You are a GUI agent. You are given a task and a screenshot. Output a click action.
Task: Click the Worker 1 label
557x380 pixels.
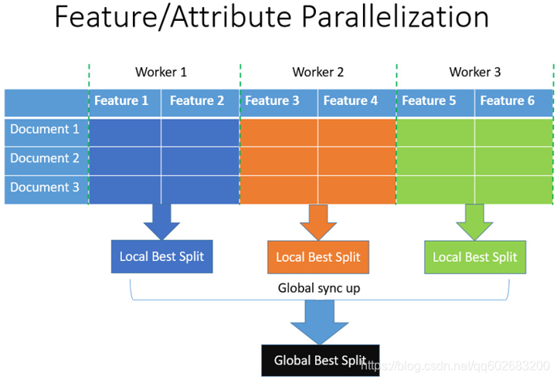pyautogui.click(x=161, y=73)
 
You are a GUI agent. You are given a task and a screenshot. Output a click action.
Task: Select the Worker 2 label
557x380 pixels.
pyautogui.click(x=318, y=73)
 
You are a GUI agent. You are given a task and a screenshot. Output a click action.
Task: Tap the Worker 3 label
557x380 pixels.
pyautogui.click(x=475, y=73)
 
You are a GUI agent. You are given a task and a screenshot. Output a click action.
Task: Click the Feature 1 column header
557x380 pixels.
pyautogui.click(x=121, y=100)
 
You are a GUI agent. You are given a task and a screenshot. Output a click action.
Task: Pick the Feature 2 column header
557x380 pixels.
pyautogui.click(x=197, y=100)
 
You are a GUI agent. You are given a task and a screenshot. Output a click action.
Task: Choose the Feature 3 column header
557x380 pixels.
pyautogui.click(x=272, y=100)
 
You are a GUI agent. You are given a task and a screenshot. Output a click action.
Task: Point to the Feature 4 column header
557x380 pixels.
pyautogui.click(x=351, y=100)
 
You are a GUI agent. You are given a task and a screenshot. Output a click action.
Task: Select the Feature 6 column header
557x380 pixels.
pyautogui.click(x=508, y=100)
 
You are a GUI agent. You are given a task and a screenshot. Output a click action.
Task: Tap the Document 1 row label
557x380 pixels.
pyautogui.click(x=45, y=129)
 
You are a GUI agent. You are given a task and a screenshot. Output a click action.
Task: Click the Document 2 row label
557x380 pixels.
pyautogui.click(x=45, y=158)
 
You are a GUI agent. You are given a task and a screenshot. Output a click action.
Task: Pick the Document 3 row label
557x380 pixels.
pyautogui.click(x=45, y=187)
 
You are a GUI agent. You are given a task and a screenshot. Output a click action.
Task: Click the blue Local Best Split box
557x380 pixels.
pyautogui.click(x=161, y=256)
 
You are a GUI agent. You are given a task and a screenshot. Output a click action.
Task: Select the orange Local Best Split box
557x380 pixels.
pyautogui.click(x=318, y=257)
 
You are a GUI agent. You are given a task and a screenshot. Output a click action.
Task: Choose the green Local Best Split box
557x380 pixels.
pyautogui.click(x=474, y=257)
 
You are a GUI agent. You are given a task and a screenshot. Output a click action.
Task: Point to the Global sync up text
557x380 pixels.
pyautogui.click(x=319, y=288)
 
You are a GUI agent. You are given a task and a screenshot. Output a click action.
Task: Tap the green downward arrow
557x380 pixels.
pyautogui.click(x=474, y=222)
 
